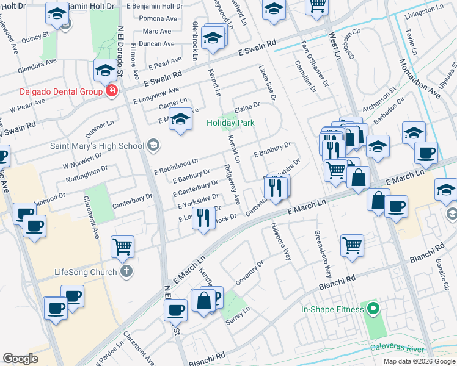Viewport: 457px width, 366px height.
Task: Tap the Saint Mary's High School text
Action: coord(98,146)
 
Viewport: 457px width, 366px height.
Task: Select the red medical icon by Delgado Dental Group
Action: coord(111,92)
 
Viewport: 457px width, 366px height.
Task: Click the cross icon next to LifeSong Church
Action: coord(126,271)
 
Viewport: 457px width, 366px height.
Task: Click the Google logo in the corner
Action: coord(20,359)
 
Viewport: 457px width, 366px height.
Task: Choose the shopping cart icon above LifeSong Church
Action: coord(123,246)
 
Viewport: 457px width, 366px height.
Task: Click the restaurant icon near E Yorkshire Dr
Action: coord(203,218)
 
